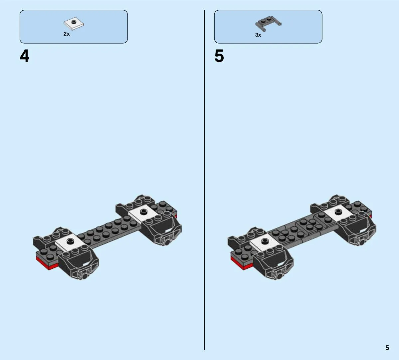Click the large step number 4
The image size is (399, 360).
coord(24,56)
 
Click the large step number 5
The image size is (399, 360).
coord(219,56)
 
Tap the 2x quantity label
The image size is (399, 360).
coord(67,34)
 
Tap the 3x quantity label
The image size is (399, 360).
coord(258,35)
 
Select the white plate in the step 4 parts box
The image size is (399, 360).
coord(74,24)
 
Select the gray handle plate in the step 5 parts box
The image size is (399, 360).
coord(268,24)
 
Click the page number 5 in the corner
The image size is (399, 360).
coord(387,348)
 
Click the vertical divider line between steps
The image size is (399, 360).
coord(204,180)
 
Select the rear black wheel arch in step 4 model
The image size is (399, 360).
coord(162,229)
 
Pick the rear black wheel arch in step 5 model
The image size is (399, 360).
coord(356,229)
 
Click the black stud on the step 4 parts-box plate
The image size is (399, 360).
coord(74,22)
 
